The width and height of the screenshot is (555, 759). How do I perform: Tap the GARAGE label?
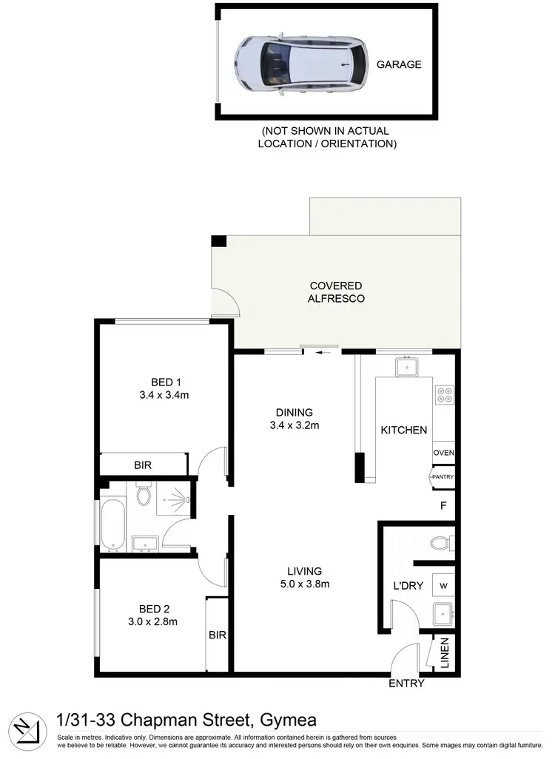tap(399, 64)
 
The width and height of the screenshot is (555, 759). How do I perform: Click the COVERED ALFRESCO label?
tap(336, 292)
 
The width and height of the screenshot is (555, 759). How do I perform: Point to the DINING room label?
tap(295, 413)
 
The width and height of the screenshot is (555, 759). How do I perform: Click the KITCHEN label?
tap(403, 430)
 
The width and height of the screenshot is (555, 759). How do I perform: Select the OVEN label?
tap(443, 453)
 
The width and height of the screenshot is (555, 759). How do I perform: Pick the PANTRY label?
tap(443, 477)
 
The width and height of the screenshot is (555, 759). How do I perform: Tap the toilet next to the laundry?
tap(442, 544)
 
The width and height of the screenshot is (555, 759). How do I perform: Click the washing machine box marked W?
tap(443, 586)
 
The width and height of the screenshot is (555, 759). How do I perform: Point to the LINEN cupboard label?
tap(445, 654)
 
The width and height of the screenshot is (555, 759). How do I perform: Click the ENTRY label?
tap(407, 684)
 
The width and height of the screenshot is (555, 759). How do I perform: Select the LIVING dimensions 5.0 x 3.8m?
tap(305, 584)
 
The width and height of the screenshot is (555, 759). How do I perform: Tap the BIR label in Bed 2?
tap(217, 635)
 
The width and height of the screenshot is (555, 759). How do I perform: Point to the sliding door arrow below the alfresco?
tap(322, 352)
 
